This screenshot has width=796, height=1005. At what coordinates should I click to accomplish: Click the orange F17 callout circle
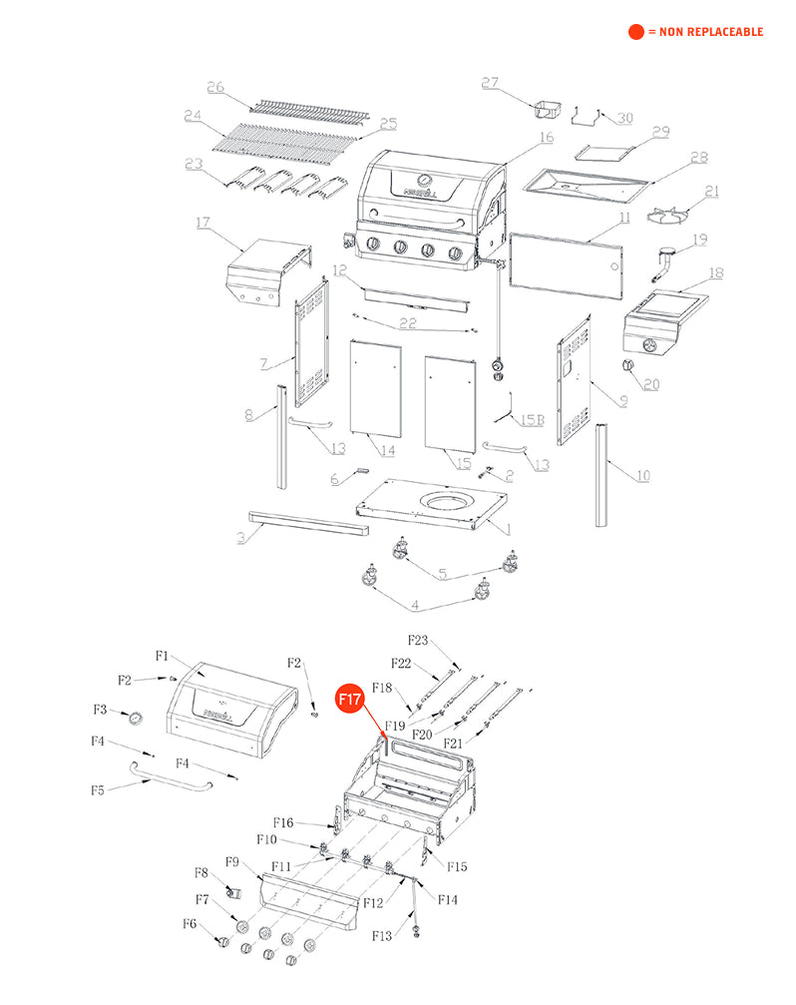[x=348, y=701]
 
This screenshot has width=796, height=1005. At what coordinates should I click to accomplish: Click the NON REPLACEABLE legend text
[x=705, y=32]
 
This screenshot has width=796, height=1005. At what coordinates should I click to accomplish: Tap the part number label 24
[x=194, y=117]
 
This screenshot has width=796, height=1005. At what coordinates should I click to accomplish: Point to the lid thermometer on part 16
[x=426, y=180]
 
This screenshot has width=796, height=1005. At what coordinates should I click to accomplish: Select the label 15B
[x=532, y=420]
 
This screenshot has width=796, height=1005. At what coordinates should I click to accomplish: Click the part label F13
[x=381, y=936]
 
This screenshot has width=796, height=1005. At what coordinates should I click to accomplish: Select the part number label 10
[x=642, y=475]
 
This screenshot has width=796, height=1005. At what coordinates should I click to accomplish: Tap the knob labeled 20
[x=629, y=366]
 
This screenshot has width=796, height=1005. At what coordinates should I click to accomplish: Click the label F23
[x=417, y=641]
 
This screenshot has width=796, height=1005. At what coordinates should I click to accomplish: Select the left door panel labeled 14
[x=375, y=389]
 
